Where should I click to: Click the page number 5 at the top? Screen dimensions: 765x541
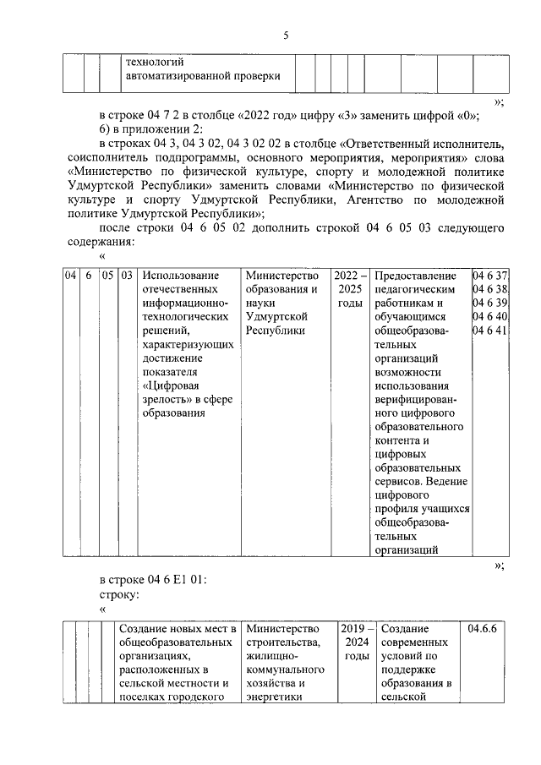(286, 35)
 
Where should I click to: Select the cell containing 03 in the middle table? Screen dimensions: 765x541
(127, 276)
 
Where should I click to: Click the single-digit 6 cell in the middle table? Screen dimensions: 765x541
(89, 276)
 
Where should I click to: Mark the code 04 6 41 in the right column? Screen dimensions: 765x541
(489, 331)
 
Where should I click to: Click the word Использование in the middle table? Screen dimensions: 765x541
(180, 276)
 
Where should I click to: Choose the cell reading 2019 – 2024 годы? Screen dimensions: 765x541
(355, 642)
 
